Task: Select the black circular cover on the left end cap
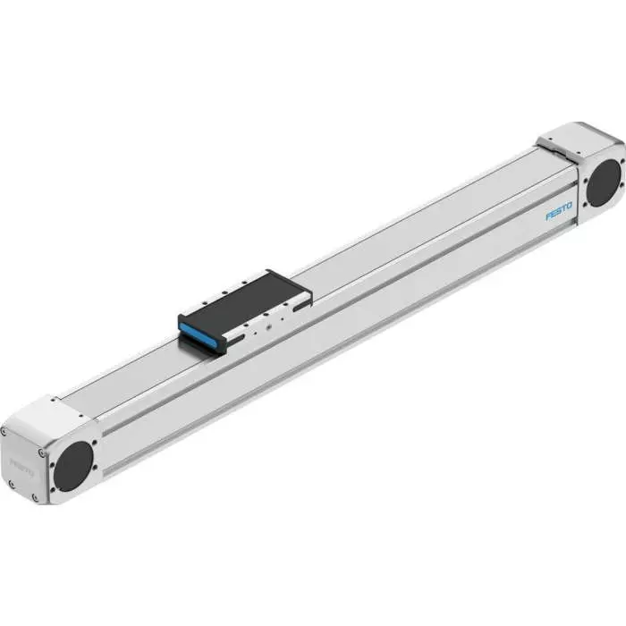click(73, 466)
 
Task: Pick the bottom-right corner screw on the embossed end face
click(36, 498)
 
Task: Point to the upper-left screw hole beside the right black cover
click(582, 165)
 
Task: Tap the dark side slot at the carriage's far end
click(299, 305)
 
